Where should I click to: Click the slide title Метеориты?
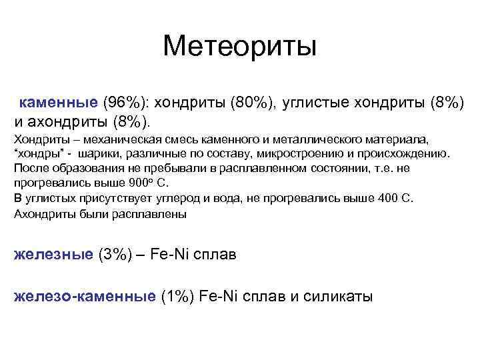(x=240, y=46)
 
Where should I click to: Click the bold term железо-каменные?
(x=85, y=296)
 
